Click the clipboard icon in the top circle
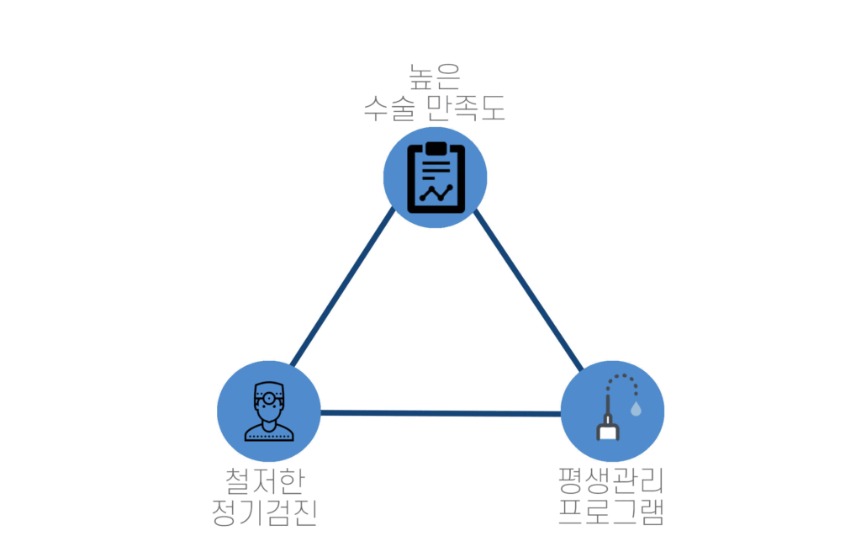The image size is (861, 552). [436, 178]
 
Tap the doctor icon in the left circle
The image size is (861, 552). [269, 411]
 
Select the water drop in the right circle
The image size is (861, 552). [636, 408]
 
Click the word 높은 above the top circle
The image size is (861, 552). [435, 77]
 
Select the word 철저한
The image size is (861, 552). [265, 481]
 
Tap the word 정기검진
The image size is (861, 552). [265, 512]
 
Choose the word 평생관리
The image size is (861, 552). [610, 481]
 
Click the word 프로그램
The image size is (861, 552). [610, 512]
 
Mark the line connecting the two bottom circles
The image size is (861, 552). [441, 413]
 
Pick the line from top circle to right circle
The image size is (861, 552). [528, 289]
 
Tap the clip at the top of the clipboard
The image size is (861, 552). [436, 148]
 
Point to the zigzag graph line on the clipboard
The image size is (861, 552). [436, 193]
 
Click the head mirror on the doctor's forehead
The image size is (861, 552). [269, 398]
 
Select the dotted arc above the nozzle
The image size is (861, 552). [623, 383]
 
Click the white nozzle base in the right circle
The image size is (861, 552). [608, 432]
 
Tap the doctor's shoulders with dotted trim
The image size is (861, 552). [269, 433]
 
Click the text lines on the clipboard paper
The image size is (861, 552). [436, 169]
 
